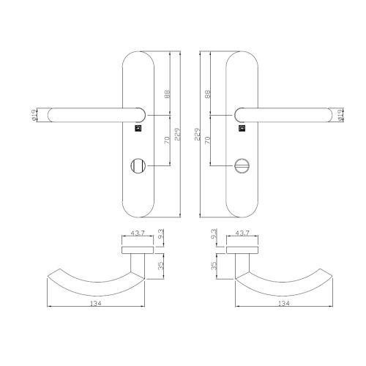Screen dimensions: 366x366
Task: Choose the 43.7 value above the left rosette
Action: point(137,234)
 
